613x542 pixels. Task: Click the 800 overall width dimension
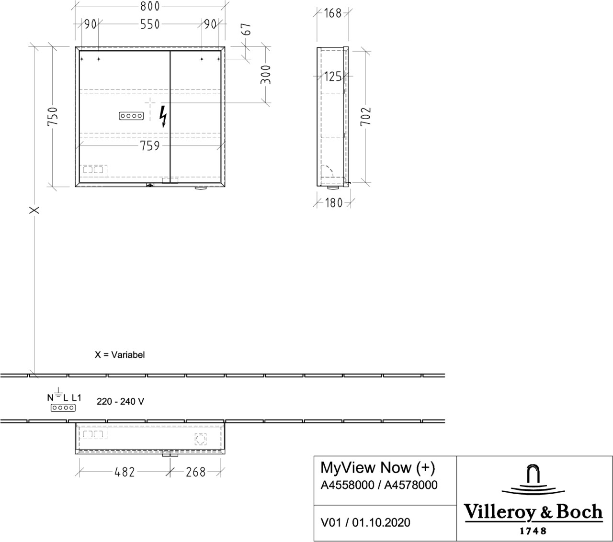click(x=150, y=6)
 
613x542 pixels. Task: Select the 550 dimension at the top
click(x=150, y=24)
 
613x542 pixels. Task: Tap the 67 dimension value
click(x=247, y=29)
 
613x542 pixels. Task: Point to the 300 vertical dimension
click(x=266, y=75)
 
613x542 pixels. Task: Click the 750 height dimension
click(x=52, y=116)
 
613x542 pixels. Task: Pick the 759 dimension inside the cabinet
click(x=150, y=146)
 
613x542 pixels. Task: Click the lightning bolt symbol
click(x=163, y=116)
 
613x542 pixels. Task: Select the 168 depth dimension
click(x=332, y=13)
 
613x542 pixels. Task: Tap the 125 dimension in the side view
click(x=333, y=77)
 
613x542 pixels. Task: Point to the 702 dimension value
click(x=365, y=116)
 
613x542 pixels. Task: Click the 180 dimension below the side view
click(x=334, y=203)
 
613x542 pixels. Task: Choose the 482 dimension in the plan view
click(x=125, y=472)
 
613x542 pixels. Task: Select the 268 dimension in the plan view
click(x=196, y=472)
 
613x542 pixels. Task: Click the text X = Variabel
click(x=120, y=354)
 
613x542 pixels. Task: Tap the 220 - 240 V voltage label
click(x=120, y=401)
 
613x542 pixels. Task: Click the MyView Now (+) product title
click(x=377, y=468)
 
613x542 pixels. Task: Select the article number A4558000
click(x=347, y=485)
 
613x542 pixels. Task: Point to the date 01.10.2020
click(x=381, y=522)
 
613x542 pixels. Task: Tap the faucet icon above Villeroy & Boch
click(x=533, y=480)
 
